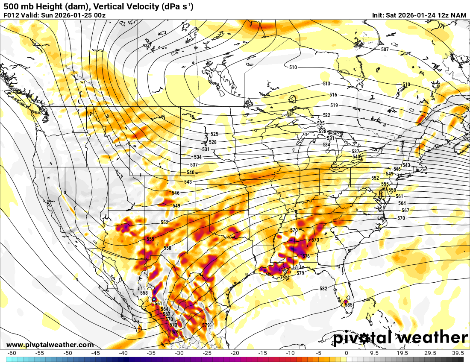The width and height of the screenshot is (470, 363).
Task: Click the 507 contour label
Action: coord(385,50)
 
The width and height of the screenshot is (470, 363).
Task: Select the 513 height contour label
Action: coord(326,84)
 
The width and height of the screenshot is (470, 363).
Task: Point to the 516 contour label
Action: coord(333,95)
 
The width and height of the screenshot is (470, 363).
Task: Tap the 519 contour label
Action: coord(334,105)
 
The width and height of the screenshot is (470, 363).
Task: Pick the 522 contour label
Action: coord(326,116)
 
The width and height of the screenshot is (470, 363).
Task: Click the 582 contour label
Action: coord(323,289)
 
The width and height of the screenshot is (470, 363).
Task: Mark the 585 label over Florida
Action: coord(349,305)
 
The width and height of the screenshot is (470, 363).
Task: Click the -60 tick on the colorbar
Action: coord(12,353)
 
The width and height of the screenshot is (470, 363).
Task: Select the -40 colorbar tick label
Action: coord(123,353)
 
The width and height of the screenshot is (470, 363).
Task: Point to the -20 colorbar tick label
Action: coord(235,353)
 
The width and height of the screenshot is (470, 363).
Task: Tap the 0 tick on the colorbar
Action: coord(346,353)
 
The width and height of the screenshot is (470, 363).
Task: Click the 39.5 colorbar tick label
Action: coord(458,353)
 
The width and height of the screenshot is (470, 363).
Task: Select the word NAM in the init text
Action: coord(459,15)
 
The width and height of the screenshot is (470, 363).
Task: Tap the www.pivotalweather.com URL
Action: coord(50,345)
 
